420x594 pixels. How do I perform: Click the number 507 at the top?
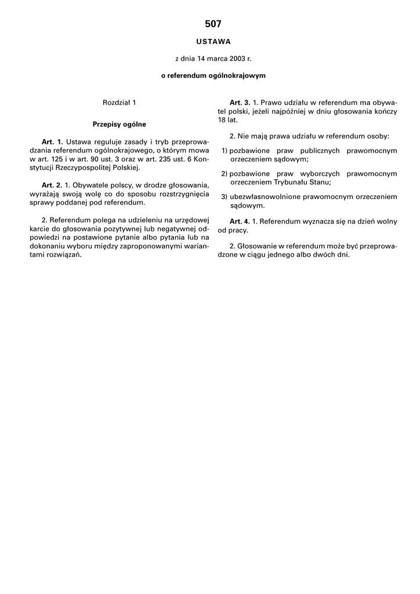pos(213,24)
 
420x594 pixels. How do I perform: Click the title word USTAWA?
pos(213,42)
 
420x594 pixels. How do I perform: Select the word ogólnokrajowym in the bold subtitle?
pos(238,75)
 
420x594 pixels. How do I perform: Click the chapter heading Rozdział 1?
pos(119,103)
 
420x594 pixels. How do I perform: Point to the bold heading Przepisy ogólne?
pos(119,124)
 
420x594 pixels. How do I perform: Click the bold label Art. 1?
pos(52,142)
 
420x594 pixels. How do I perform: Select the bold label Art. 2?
pos(52,185)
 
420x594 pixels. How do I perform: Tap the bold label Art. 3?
pos(240,103)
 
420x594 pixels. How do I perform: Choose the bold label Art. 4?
pos(240,222)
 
